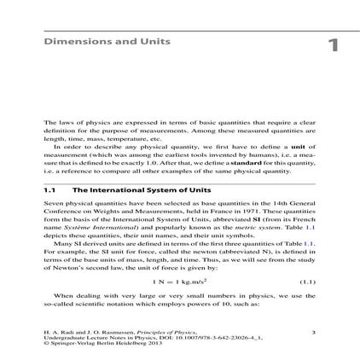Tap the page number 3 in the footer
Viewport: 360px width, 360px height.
tap(313, 332)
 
